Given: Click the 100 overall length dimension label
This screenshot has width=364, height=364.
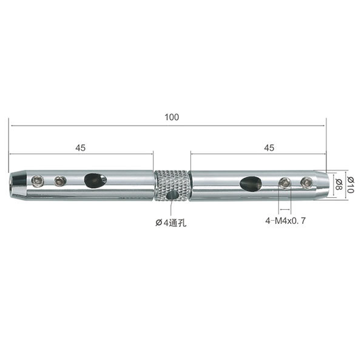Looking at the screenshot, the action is point(172,117).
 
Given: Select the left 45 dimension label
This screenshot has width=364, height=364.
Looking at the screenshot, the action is point(80,147).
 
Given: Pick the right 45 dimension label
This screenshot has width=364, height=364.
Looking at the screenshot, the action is point(269,147).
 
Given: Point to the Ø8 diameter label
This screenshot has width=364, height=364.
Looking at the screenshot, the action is point(339,185).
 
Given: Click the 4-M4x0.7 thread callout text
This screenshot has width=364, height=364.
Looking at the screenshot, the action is point(286,221).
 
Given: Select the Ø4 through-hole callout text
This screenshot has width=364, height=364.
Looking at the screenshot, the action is point(171,223).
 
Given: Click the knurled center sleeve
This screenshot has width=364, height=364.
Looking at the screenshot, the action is point(172,185).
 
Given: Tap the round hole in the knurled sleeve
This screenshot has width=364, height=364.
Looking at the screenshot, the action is point(172,195).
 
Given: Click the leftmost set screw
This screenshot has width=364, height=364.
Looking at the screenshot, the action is point(38,181).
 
